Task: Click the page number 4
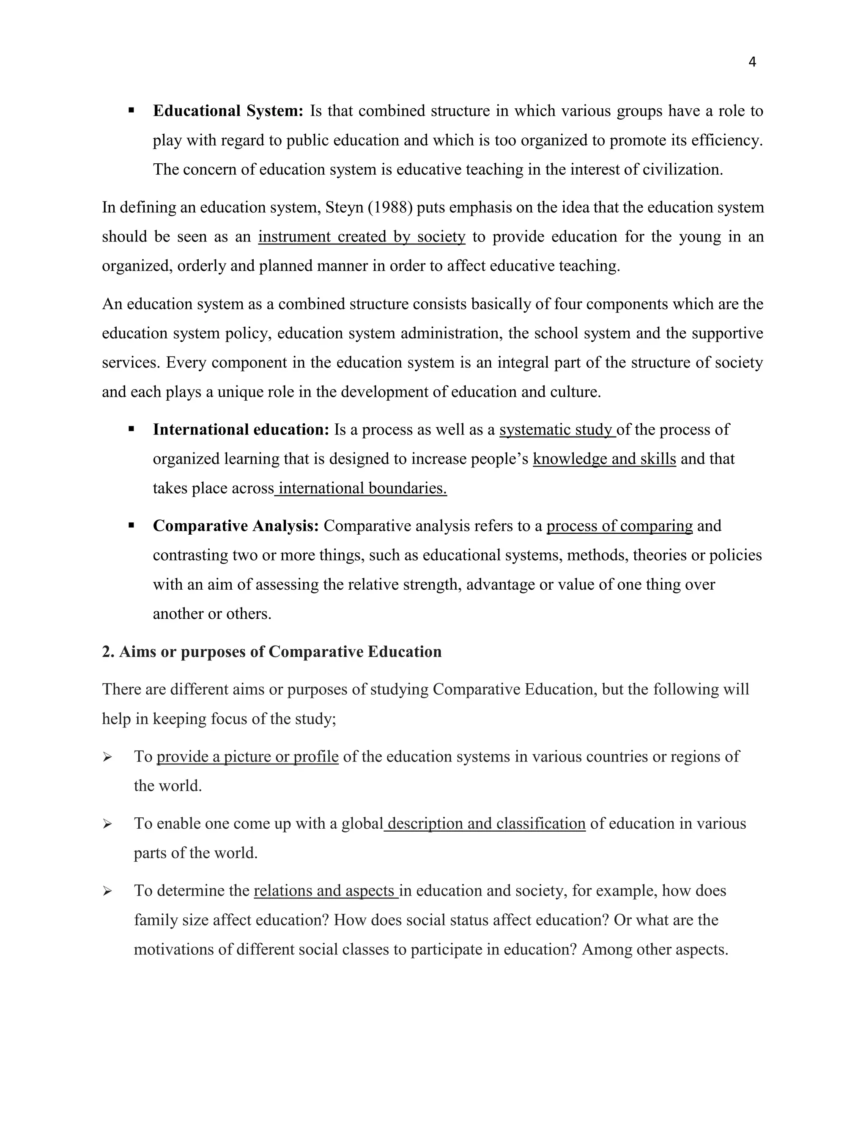752,62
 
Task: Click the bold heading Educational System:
228,111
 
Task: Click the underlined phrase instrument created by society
362,236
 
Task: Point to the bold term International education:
241,430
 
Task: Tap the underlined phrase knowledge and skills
604,459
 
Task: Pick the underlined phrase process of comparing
619,526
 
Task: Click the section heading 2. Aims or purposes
271,652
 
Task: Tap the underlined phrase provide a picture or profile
247,757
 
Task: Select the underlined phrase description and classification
486,824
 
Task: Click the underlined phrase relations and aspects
325,890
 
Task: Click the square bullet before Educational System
132,110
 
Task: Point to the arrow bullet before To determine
107,891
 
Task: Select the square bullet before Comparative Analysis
132,525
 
